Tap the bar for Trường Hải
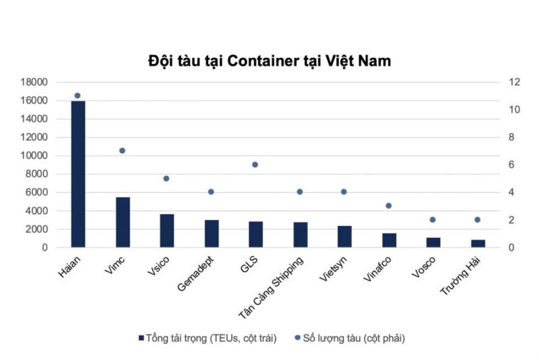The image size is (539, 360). pos(478,243)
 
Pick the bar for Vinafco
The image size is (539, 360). pos(389,240)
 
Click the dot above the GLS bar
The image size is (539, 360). pos(255,164)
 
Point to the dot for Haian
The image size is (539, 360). pos(77,95)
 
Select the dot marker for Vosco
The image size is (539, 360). pos(433,219)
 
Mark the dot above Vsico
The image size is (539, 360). pos(166,179)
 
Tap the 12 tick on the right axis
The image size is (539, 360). pos(514,82)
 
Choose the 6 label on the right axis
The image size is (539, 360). pos(511,165)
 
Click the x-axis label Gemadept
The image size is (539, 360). pos(196,270)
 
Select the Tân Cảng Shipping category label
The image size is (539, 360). pos(271,287)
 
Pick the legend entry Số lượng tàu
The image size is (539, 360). pos(353,338)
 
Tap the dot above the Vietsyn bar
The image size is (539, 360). pos(344,192)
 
